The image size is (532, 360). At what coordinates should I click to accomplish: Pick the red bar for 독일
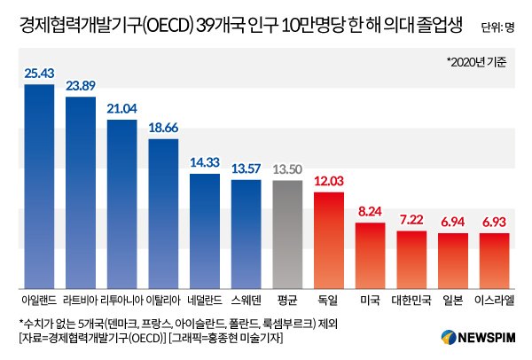click(330, 239)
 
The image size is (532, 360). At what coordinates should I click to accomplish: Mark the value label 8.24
click(371, 212)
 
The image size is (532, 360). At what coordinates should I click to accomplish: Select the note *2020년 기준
click(482, 63)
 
